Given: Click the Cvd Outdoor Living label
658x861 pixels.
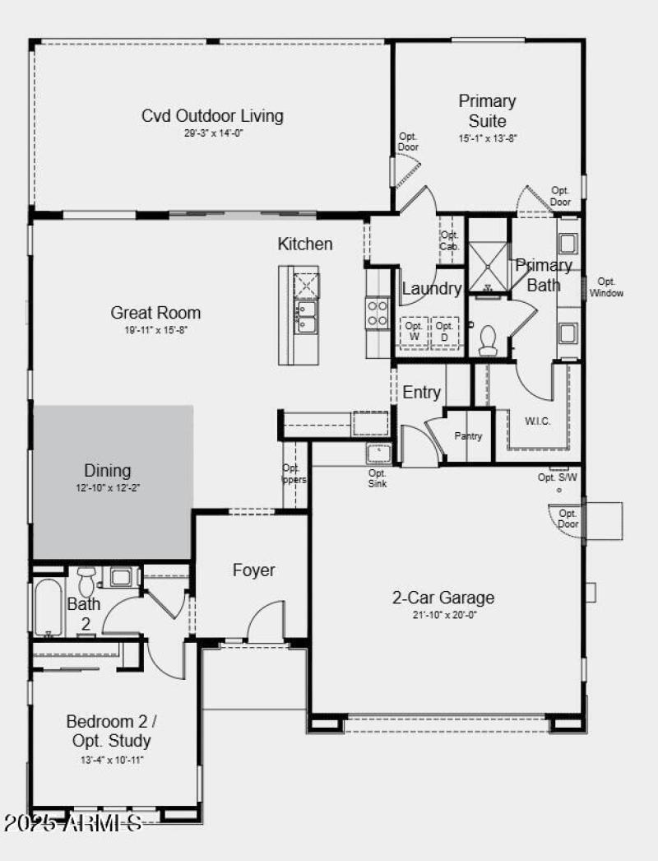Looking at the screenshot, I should [212, 115].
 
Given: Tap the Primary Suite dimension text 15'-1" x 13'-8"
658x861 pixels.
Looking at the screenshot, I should [488, 139].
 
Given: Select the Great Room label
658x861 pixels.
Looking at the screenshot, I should [155, 313].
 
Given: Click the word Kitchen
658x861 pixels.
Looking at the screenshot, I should [305, 244].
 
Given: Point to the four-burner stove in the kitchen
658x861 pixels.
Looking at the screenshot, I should [378, 312].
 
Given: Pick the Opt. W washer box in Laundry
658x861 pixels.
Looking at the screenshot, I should [413, 331].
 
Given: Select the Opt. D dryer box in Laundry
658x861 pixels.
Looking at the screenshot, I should [445, 331].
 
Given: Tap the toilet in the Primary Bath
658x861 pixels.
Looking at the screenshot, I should [488, 340].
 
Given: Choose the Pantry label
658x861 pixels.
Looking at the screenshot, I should [468, 436].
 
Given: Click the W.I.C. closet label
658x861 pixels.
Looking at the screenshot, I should [537, 421].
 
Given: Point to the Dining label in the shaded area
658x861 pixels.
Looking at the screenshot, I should [108, 471].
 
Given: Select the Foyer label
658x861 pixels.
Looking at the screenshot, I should [253, 570].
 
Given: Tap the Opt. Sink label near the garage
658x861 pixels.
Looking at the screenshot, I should [377, 478].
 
